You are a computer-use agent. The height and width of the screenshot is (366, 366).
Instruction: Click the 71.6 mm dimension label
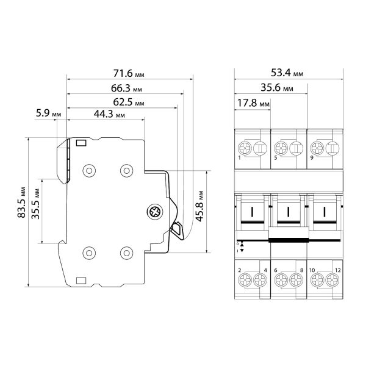pyautogui.click(x=129, y=73)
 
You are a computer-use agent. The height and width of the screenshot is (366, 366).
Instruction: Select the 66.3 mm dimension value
pyautogui.click(x=126, y=88)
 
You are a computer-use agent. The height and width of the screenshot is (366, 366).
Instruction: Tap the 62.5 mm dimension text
pyautogui.click(x=129, y=102)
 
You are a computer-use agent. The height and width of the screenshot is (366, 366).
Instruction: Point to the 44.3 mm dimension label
pyautogui.click(x=109, y=114)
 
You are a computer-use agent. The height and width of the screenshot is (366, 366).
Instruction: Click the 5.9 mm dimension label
pyautogui.click(x=49, y=113)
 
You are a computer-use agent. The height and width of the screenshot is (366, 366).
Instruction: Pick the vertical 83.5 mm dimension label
pyautogui.click(x=21, y=203)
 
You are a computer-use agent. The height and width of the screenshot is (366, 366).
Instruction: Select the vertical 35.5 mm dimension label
pyautogui.click(x=35, y=204)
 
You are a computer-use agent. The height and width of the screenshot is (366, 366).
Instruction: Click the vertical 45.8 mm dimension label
pyautogui.click(x=199, y=206)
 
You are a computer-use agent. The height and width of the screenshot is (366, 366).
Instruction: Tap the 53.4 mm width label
pyautogui.click(x=287, y=73)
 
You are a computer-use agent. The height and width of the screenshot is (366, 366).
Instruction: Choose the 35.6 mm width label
pyautogui.click(x=277, y=87)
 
